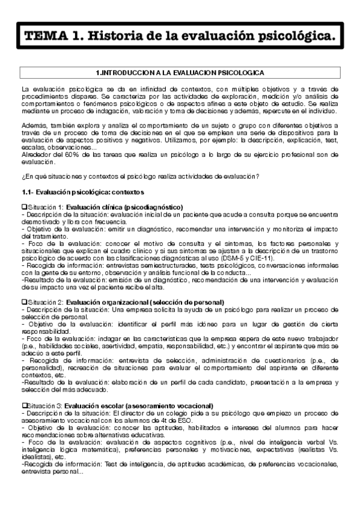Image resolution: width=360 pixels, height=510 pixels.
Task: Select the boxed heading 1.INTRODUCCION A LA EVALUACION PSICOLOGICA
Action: tap(180, 72)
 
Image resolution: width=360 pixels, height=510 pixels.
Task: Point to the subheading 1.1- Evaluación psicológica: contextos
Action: tap(79, 191)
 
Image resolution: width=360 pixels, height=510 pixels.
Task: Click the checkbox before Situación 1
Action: tap(23, 206)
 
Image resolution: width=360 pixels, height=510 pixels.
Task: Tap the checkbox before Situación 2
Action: tap(23, 301)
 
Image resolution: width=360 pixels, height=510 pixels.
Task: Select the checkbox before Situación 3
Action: tap(23, 389)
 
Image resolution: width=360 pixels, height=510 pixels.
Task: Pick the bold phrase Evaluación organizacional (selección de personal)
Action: tap(145, 301)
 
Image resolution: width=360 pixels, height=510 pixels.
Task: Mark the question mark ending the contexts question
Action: tap(258, 176)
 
